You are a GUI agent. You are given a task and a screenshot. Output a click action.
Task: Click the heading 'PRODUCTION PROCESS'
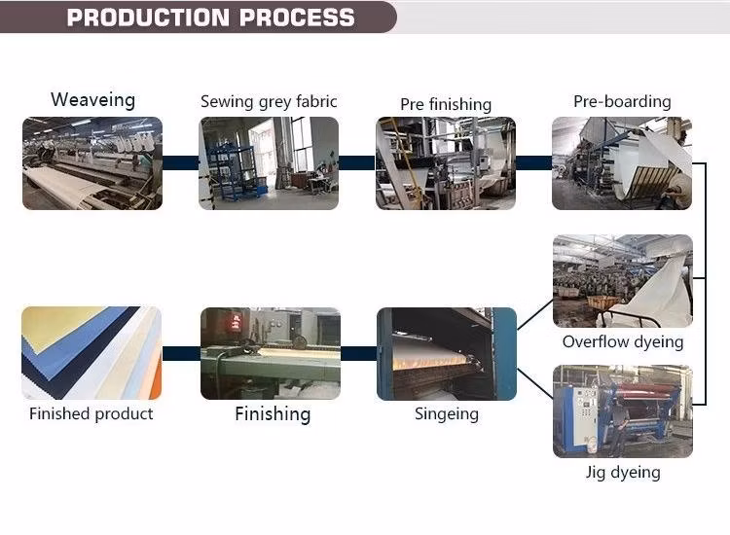(210, 18)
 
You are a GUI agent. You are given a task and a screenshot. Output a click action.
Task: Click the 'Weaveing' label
(92, 99)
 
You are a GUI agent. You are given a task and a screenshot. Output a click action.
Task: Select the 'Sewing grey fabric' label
(269, 101)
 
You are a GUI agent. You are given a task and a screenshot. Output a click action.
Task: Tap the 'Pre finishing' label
(446, 104)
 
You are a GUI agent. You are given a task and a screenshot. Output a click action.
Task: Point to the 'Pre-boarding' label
(622, 101)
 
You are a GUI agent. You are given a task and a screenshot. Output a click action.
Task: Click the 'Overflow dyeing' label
(623, 341)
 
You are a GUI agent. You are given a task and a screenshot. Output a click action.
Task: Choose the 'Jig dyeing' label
(623, 473)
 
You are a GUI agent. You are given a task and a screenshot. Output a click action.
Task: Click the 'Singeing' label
(447, 413)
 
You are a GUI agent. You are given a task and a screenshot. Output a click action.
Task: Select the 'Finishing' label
(273, 414)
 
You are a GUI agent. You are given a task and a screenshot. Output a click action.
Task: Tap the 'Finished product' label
(91, 414)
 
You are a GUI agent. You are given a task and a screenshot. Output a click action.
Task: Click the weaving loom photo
(92, 163)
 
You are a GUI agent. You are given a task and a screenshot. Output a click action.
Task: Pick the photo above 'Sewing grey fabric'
(269, 163)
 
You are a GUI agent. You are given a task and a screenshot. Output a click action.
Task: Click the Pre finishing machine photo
(446, 163)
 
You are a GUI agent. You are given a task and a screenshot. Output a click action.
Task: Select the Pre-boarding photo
(622, 163)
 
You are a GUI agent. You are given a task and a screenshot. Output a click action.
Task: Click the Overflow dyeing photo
(622, 280)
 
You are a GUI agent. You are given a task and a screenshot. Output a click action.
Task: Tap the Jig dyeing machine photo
(622, 410)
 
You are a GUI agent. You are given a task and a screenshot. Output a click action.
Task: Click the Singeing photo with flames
(447, 353)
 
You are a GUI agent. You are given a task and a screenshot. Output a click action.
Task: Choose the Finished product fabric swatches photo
(91, 353)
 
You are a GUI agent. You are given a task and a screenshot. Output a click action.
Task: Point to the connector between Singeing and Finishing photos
(358, 353)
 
